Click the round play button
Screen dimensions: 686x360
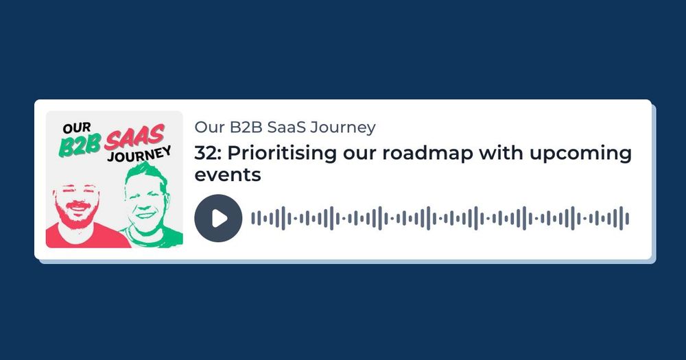click(218, 218)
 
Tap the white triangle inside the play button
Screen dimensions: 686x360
click(220, 218)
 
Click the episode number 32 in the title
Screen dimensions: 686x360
click(205, 153)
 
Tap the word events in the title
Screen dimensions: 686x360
click(228, 175)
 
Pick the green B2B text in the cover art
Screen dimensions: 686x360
click(80, 145)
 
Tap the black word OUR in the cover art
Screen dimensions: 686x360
click(77, 128)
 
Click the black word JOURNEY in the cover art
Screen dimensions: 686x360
click(139, 154)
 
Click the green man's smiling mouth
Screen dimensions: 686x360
click(146, 215)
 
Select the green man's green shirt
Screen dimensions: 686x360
click(154, 237)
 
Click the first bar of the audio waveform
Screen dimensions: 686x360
click(253, 218)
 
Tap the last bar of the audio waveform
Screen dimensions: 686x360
click(628, 218)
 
